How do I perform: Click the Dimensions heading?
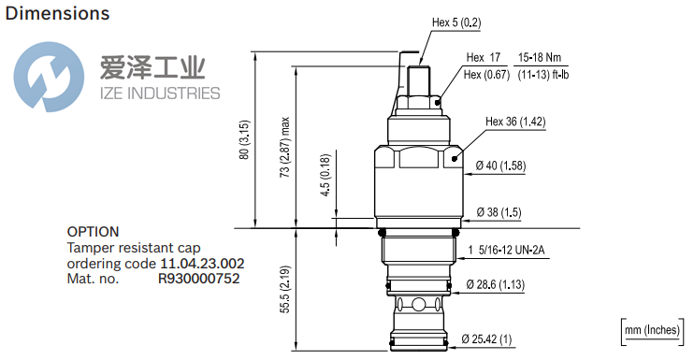57,14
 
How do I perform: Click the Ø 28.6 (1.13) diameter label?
509,284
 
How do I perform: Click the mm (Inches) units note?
651,330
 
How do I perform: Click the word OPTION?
93,232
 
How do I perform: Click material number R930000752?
199,278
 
